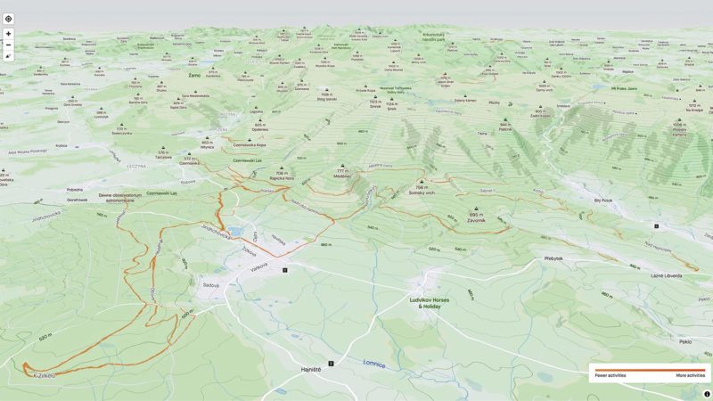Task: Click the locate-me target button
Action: coord(9,18)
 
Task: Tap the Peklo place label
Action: coord(684,341)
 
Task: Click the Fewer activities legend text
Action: coord(611,376)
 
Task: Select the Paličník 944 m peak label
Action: coord(504,127)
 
